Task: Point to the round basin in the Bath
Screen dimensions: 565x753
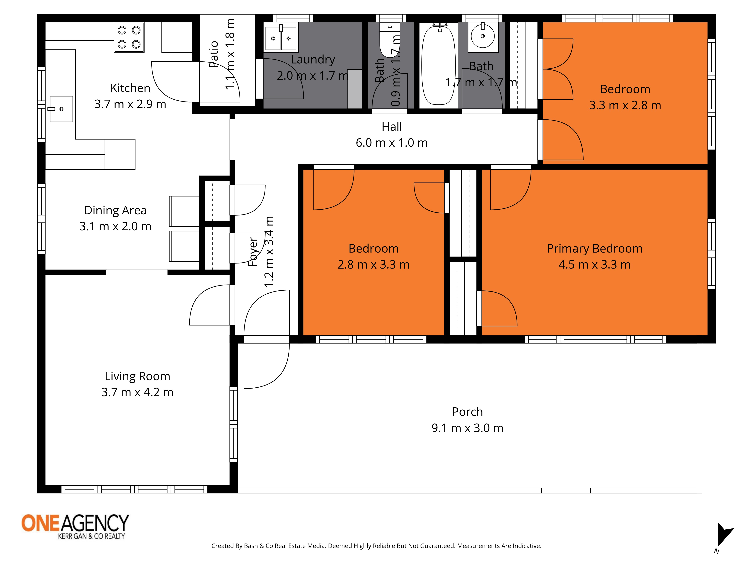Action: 483,35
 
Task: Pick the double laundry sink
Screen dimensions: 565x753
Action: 281,38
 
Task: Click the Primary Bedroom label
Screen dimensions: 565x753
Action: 594,249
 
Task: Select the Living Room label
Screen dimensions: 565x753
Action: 137,376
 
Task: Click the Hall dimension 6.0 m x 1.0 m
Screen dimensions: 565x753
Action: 392,143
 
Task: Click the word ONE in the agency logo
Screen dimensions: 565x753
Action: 41,523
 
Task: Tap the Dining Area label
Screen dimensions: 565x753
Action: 115,211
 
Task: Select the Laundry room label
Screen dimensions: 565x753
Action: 313,60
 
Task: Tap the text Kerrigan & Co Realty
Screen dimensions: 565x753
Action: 91,536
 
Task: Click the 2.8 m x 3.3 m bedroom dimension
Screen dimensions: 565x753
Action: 373,265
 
